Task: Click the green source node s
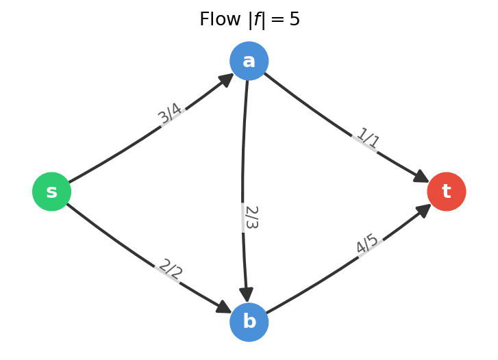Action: pos(52,192)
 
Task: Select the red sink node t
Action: pos(447,192)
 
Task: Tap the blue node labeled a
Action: pos(249,61)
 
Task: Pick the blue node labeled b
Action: pos(249,322)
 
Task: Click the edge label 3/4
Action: pos(171,114)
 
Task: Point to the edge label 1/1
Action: pos(367,139)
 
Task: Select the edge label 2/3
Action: pos(251,217)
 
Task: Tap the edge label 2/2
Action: pos(170,270)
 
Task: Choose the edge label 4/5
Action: pos(367,244)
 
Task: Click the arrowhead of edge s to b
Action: pos(224,307)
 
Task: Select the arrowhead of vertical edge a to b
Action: pos(247,295)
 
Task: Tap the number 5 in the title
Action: pos(295,20)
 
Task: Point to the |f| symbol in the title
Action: pos(258,20)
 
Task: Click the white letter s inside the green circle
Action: pos(52,192)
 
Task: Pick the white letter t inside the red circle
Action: pos(447,192)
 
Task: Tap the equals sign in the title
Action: pos(278,21)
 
